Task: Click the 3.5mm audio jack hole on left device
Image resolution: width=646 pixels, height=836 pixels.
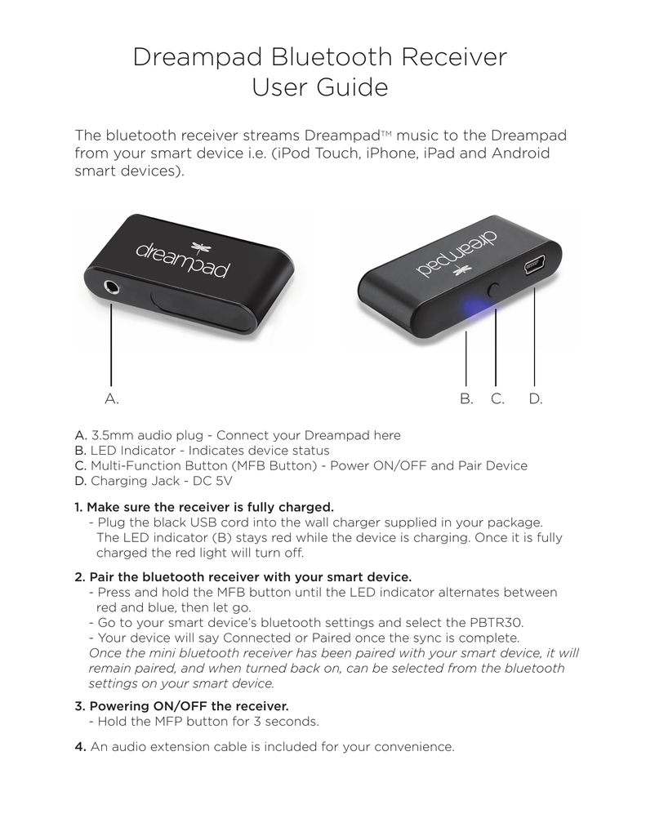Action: [110, 287]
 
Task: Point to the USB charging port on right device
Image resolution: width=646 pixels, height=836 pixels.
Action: [535, 266]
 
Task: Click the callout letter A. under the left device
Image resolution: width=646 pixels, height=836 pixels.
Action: [112, 399]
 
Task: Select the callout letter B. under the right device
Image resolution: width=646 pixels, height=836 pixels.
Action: [466, 399]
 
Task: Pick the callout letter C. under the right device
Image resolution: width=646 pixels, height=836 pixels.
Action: [497, 399]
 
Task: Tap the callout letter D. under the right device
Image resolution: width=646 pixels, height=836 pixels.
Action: [536, 399]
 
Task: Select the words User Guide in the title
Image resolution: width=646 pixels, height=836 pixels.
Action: [319, 87]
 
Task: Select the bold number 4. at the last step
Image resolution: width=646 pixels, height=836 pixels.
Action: [81, 746]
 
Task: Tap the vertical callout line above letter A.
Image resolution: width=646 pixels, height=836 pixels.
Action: [110, 343]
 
